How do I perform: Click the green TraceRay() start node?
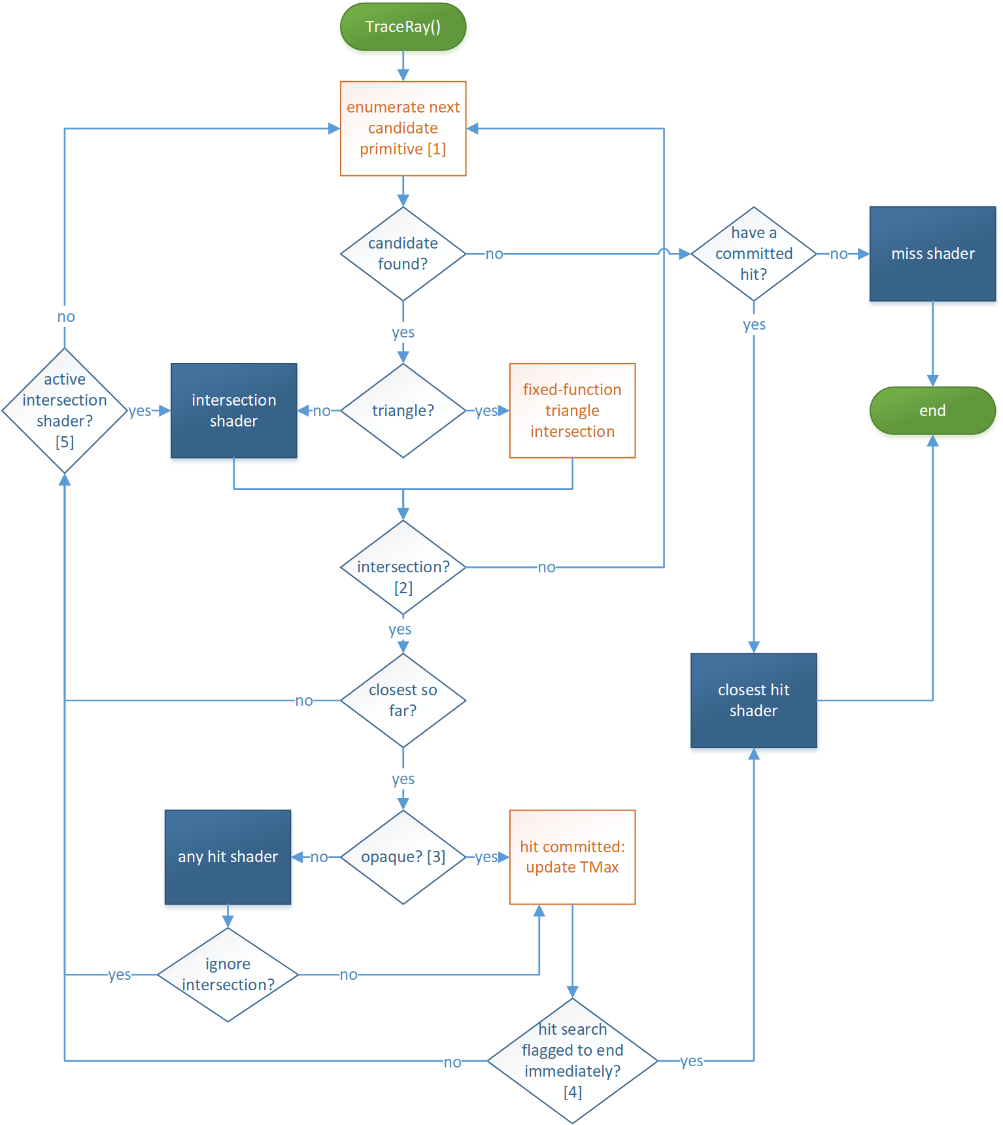point(403,27)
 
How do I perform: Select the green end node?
point(932,411)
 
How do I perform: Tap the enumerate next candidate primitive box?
point(403,128)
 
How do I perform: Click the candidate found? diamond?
point(403,254)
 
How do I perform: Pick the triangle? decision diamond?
point(403,411)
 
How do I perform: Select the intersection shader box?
point(233,411)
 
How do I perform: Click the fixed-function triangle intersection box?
point(572,411)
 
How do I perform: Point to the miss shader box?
point(932,254)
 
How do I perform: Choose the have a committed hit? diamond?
point(753,254)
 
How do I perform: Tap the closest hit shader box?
point(753,701)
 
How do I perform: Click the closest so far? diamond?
point(403,701)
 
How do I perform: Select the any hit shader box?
point(228,857)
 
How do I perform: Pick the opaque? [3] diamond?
point(403,857)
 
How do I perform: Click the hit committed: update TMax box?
point(572,857)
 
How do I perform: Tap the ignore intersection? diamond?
point(228,975)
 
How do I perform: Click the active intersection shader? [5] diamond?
point(64,411)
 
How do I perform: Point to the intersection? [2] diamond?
point(403,568)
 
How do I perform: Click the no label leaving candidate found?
point(494,254)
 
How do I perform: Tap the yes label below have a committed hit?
point(754,324)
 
